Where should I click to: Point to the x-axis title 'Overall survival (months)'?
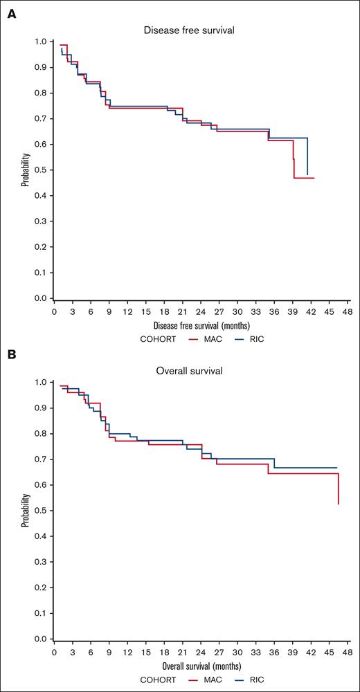click(201, 665)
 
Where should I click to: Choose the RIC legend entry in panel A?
click(248, 339)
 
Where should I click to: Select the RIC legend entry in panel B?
click(248, 680)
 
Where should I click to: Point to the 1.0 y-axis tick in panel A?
click(42, 42)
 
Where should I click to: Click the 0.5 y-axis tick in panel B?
click(42, 511)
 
